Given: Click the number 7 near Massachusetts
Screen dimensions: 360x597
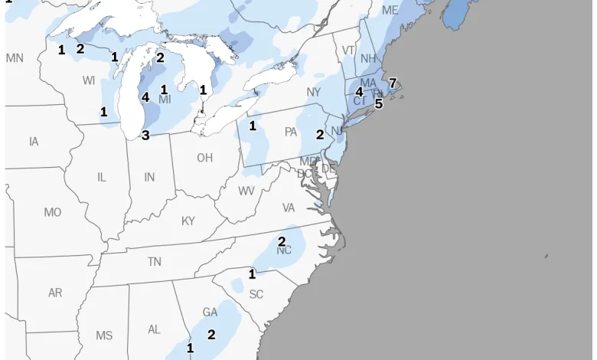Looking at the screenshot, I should pyautogui.click(x=393, y=83).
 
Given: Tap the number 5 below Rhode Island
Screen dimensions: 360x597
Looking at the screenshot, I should pyautogui.click(x=378, y=103).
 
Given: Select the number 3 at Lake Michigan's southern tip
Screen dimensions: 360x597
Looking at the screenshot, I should pyautogui.click(x=145, y=136).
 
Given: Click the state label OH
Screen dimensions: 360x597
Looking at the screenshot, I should pyautogui.click(x=204, y=158).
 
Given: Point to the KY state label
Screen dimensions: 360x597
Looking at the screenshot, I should pyautogui.click(x=188, y=221).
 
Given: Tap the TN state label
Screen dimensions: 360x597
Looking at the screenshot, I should pyautogui.click(x=155, y=262).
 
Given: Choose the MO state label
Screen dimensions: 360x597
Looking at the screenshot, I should pyautogui.click(x=53, y=212).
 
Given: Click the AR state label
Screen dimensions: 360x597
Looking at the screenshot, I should pyautogui.click(x=55, y=293).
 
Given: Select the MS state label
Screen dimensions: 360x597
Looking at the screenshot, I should pyautogui.click(x=104, y=335).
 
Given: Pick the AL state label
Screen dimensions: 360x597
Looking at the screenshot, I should pyautogui.click(x=154, y=329).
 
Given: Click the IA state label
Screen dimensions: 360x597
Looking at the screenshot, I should pyautogui.click(x=34, y=142).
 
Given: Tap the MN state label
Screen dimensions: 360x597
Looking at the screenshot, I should pyautogui.click(x=15, y=58).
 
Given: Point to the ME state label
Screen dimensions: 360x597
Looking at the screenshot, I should pyautogui.click(x=390, y=11).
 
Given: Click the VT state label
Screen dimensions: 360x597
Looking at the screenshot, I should pyautogui.click(x=348, y=51).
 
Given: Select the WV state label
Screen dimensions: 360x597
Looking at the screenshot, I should pyautogui.click(x=246, y=191).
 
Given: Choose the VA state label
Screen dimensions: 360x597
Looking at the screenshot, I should pyautogui.click(x=289, y=208).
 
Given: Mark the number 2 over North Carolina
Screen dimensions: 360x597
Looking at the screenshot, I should pyautogui.click(x=282, y=242).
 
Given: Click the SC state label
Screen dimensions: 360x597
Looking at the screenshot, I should pyautogui.click(x=256, y=294).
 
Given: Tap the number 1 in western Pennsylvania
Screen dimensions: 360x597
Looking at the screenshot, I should pyautogui.click(x=252, y=126).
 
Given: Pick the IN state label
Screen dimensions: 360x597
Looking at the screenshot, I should pyautogui.click(x=149, y=177).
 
